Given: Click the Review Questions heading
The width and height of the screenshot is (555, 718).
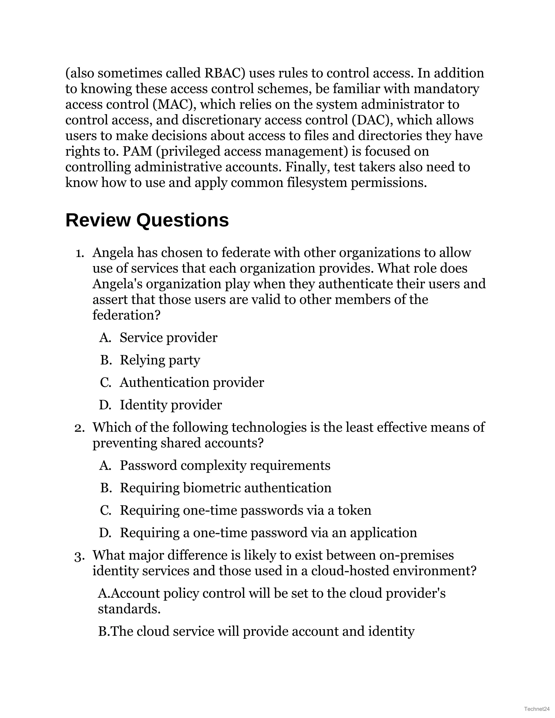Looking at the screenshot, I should (x=147, y=220).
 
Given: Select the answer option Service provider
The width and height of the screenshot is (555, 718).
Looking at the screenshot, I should (x=168, y=338).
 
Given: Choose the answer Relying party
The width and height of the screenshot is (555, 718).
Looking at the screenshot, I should (x=160, y=360).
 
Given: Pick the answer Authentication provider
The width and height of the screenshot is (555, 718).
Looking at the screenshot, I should (x=192, y=382).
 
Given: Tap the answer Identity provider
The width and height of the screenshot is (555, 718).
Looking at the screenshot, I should (x=171, y=405).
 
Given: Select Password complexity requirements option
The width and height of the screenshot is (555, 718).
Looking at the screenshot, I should (x=225, y=465).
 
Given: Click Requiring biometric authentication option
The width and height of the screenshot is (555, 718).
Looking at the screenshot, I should (x=225, y=488).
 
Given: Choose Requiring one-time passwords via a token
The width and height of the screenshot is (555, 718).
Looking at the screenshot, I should (x=245, y=510).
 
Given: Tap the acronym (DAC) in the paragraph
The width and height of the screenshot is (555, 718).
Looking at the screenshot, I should (x=373, y=120).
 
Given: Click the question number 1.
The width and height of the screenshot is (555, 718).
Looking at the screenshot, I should (x=80, y=253).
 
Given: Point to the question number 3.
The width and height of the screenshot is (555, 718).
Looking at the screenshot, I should (x=80, y=556).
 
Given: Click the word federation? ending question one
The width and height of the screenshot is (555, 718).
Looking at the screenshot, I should (x=126, y=315).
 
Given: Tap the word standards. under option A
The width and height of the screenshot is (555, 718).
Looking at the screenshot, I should (x=129, y=609).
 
